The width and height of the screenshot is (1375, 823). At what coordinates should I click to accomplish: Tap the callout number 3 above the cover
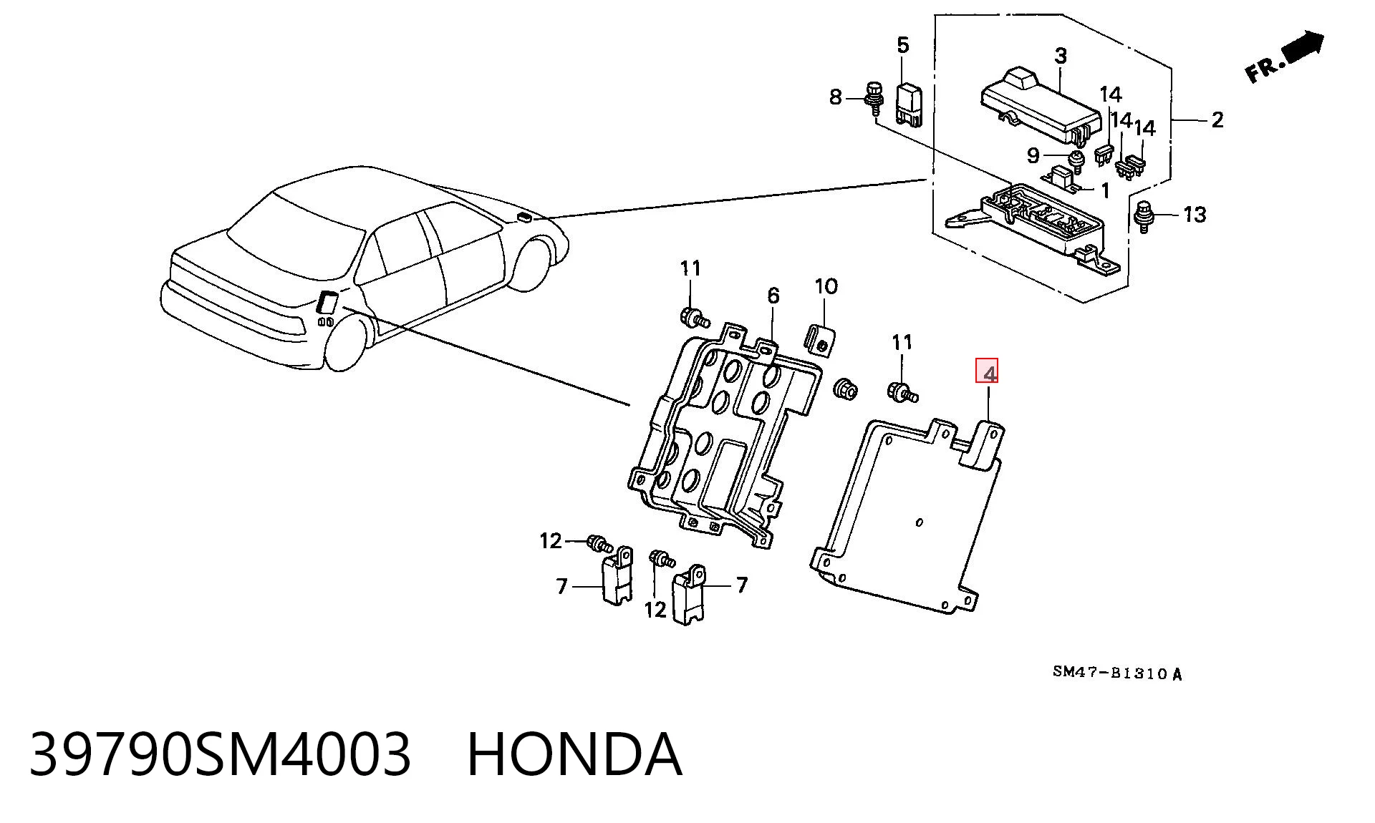coord(1061,56)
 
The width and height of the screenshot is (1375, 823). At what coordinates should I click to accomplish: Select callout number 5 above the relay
coord(903,45)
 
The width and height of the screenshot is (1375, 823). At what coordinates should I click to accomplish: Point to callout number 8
coord(835,97)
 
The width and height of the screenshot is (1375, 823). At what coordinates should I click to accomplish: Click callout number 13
coord(1194,214)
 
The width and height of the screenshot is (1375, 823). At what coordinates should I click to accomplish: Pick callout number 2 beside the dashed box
coord(1217,120)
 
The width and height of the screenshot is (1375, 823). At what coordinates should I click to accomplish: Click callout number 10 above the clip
coord(826,286)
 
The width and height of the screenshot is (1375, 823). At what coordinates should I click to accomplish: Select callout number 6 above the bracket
coord(773,296)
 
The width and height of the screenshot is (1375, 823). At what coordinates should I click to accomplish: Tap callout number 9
coord(1033,155)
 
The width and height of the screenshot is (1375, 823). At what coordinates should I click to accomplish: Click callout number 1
coord(1104,190)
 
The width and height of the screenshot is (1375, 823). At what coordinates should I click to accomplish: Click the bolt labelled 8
coord(873,99)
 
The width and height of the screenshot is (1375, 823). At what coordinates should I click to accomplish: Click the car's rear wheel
coord(347,344)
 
